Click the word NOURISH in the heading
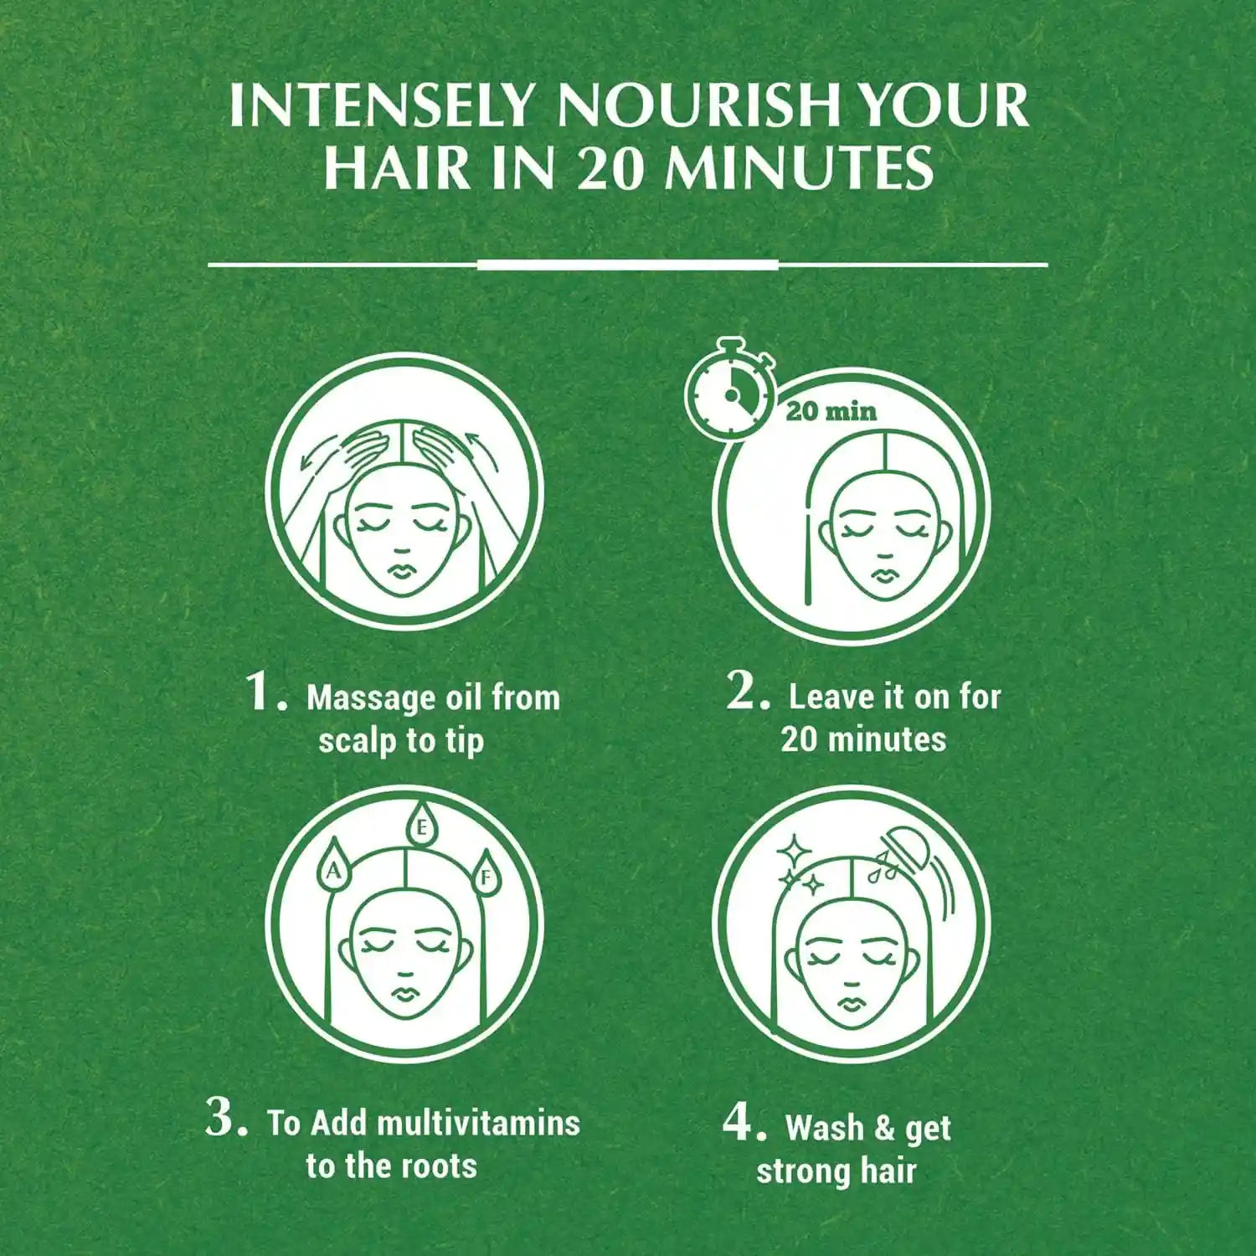[698, 106]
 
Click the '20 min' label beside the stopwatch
[831, 411]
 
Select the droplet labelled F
[484, 874]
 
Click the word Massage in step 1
[370, 699]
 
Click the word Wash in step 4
[824, 1127]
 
